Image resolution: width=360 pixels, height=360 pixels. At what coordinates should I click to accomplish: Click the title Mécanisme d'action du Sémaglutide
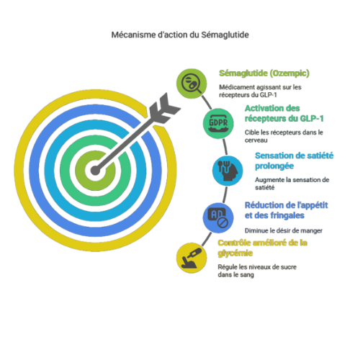180,35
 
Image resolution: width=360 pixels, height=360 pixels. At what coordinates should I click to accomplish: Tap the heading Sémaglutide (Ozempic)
264,73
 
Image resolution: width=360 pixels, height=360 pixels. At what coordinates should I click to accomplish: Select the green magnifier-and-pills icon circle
192,84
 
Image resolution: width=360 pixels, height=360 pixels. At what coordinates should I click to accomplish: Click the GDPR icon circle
218,123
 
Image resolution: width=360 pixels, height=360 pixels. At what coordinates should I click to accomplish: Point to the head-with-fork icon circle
228,171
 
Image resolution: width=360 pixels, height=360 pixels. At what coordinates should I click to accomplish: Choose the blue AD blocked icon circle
218,218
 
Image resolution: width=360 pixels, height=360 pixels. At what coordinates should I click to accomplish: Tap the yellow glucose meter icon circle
192,258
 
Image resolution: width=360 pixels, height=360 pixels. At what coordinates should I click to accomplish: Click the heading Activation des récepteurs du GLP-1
284,113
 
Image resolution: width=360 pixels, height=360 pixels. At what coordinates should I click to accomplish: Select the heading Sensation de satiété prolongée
294,161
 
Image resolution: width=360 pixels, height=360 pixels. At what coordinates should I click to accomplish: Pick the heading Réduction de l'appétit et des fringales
287,210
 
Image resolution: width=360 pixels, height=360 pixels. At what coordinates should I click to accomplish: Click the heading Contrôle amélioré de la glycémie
263,248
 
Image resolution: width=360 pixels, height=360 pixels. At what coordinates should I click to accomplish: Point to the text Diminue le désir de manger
284,230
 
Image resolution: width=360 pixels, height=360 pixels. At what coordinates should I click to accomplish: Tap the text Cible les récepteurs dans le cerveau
284,136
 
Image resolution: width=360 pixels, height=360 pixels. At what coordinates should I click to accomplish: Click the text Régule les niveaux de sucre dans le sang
257,271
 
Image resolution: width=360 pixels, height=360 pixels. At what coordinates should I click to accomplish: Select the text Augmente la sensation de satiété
292,184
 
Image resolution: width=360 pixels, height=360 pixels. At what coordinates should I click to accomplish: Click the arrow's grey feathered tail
164,108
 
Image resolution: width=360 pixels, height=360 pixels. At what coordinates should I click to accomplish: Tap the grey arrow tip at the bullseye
95,171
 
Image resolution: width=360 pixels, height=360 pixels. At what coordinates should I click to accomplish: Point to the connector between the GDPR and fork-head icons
225,147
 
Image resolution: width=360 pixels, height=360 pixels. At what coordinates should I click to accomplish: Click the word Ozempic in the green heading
289,73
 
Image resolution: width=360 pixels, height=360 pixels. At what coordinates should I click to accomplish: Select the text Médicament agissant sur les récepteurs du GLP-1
260,91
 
